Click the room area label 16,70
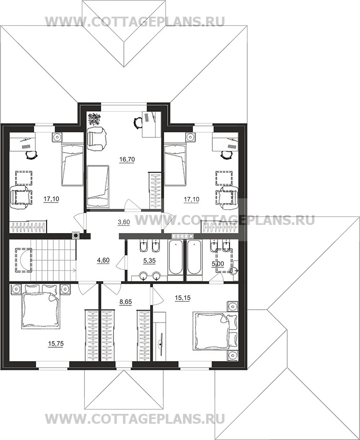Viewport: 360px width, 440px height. click(x=127, y=159)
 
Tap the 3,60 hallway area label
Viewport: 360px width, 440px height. click(x=123, y=222)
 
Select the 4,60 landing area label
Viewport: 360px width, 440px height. click(x=103, y=260)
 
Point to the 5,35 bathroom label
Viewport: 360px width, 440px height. click(x=150, y=261)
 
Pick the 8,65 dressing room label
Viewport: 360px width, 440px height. click(x=126, y=302)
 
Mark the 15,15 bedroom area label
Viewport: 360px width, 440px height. click(x=182, y=298)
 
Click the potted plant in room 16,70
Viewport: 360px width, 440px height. click(x=93, y=119)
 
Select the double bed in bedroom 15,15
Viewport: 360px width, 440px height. click(x=215, y=331)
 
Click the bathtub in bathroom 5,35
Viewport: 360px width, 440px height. click(x=176, y=257)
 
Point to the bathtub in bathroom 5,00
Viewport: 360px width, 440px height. click(x=194, y=257)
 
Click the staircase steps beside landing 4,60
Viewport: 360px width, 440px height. click(x=53, y=260)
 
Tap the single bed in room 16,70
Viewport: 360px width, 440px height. click(x=98, y=186)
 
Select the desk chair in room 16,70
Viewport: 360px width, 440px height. click(x=138, y=123)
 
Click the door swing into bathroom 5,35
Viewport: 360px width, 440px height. click(x=121, y=263)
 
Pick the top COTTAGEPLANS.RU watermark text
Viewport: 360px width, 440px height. click(x=135, y=21)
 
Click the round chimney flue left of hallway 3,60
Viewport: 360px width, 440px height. click(x=76, y=235)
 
